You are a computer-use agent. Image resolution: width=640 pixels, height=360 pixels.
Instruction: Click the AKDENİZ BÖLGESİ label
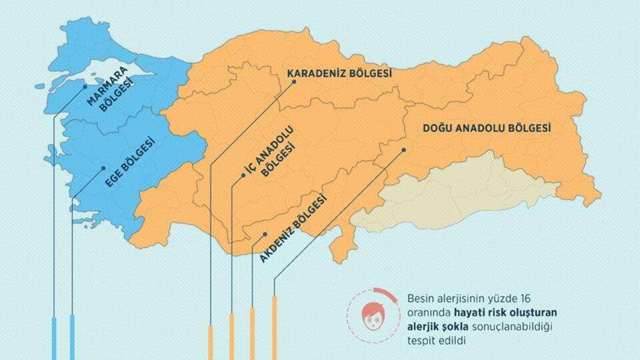pos(293,227)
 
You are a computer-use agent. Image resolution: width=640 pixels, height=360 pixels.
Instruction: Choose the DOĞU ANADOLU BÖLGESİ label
pos(487,129)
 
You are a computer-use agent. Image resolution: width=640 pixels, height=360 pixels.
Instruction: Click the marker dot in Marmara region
pos(85,86)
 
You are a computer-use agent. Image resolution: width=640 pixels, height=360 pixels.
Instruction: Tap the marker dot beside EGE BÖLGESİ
pos(103,169)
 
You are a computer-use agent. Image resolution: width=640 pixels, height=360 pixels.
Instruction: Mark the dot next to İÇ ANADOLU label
pos(243,177)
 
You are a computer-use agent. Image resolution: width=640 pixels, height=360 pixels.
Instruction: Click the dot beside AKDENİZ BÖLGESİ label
pos(265,234)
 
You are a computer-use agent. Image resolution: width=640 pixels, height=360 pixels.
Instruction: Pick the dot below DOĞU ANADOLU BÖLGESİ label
pos(404,150)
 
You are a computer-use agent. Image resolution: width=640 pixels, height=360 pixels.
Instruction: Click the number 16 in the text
pos(526,298)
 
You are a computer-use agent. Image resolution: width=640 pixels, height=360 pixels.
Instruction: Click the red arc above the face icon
pos(384,292)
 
